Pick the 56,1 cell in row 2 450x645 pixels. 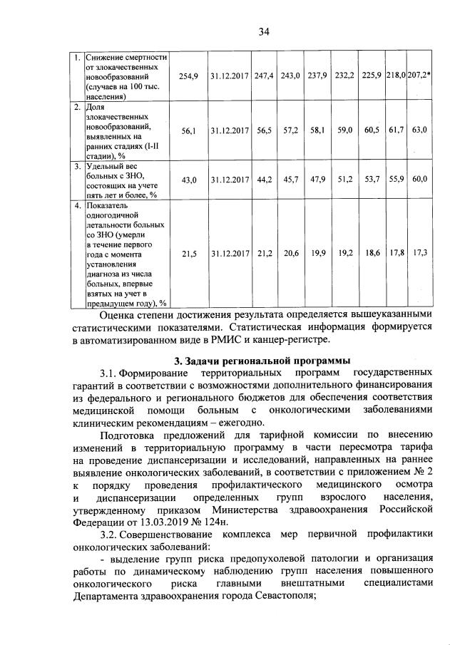[188, 131]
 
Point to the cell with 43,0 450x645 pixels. [188, 181]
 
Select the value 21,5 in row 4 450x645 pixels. [188, 254]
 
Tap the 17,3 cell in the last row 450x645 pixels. [419, 254]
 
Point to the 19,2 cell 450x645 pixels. [345, 254]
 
